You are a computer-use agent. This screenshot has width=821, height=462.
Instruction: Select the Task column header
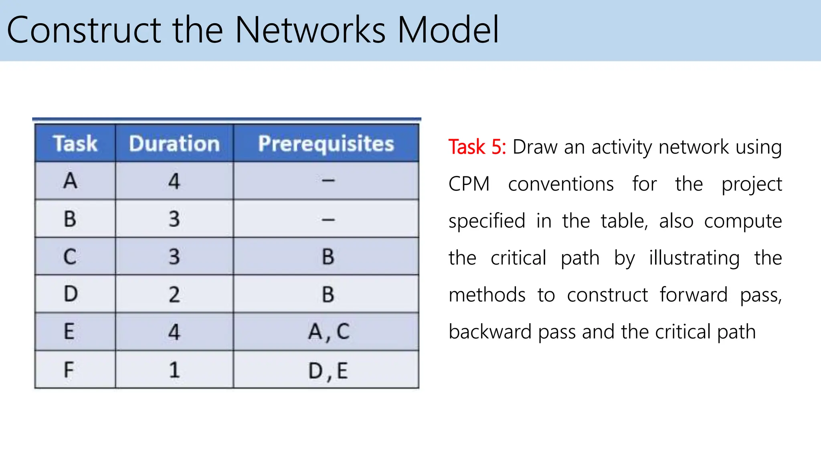point(75,144)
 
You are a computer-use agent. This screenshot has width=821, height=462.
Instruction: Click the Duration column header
point(174,144)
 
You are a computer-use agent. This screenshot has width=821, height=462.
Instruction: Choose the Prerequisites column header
point(326,144)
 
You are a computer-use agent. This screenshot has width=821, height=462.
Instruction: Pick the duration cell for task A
point(174,181)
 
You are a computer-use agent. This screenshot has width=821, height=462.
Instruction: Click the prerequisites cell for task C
point(328,256)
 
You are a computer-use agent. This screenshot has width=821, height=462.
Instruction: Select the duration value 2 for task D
point(174,294)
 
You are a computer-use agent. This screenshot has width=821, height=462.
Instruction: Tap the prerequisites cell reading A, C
point(328,332)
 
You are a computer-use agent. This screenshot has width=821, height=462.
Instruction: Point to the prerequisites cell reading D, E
point(328,370)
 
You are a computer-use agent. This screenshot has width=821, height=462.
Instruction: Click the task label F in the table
point(69,369)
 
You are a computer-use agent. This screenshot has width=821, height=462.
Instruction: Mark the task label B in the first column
point(70,219)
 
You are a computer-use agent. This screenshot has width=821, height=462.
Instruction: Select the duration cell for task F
point(174,369)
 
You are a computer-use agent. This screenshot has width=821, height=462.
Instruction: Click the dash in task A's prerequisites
point(328,181)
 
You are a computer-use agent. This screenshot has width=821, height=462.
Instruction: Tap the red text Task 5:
point(477,147)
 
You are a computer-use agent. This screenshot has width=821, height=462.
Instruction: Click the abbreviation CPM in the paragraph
point(469,184)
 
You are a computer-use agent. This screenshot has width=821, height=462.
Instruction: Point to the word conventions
point(561,184)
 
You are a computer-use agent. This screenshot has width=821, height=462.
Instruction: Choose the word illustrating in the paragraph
point(694,258)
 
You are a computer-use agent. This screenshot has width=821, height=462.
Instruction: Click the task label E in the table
point(69,332)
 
